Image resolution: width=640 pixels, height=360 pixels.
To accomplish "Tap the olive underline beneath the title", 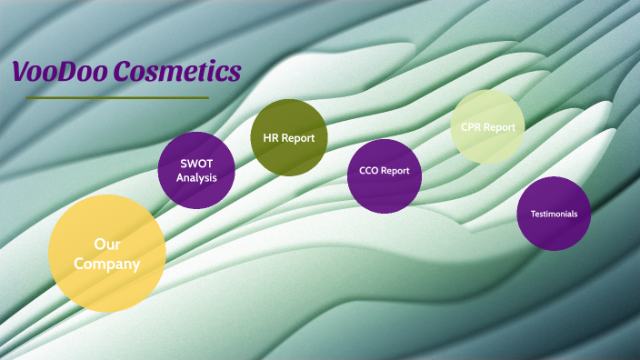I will [x=117, y=97].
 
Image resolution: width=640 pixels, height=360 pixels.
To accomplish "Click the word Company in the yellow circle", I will [x=107, y=265].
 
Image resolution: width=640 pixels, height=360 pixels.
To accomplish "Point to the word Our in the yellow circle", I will [x=107, y=244].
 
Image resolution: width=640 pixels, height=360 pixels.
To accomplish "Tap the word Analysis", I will [x=196, y=177].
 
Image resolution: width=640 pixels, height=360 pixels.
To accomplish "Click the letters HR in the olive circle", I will [x=271, y=138].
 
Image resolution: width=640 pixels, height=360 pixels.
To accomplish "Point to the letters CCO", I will [x=370, y=170].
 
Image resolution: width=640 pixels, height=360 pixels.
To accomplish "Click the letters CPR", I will [x=471, y=127].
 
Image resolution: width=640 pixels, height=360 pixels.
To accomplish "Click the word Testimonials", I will [x=555, y=215].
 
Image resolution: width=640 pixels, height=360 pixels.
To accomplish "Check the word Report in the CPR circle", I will [x=500, y=127].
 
